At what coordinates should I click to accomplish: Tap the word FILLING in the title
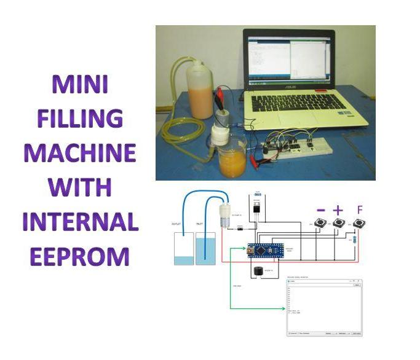pos(80,119)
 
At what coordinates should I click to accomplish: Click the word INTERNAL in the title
pos(80,221)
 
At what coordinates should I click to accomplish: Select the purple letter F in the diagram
pos(360,210)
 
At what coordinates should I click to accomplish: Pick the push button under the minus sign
pos(320,225)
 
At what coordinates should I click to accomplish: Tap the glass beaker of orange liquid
pos(232,158)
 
